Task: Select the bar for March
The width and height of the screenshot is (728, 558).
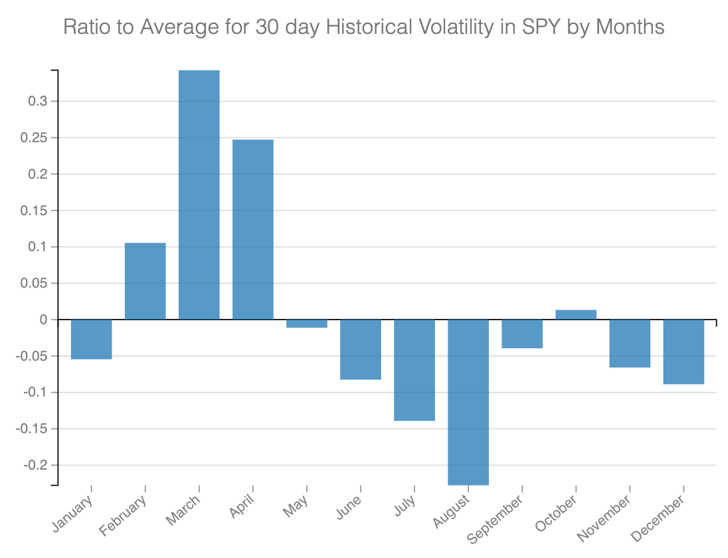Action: click(199, 195)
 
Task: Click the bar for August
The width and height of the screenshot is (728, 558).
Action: click(468, 402)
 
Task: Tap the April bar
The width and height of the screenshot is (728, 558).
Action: click(253, 229)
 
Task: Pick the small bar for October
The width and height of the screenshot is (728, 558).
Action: click(576, 315)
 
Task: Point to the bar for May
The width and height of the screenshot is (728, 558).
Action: click(307, 324)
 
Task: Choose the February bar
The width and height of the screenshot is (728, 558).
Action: click(145, 281)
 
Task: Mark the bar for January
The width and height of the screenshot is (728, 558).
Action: click(92, 339)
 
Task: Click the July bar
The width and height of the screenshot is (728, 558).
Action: click(414, 370)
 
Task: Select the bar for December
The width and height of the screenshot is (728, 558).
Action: click(683, 351)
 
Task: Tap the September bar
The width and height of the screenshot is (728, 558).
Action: click(522, 333)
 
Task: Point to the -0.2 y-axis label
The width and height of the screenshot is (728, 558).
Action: click(36, 465)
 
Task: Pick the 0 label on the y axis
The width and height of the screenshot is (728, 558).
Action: click(44, 320)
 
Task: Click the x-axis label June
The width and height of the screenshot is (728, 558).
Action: click(349, 510)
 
